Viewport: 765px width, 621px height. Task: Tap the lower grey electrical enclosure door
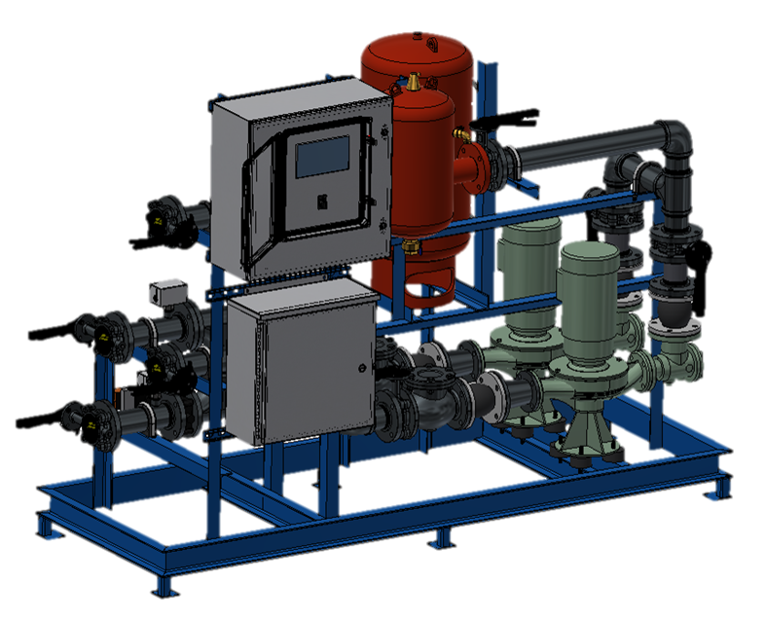click(302, 365)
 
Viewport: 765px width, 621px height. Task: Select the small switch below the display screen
click(323, 201)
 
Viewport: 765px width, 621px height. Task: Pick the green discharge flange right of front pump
click(681, 366)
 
